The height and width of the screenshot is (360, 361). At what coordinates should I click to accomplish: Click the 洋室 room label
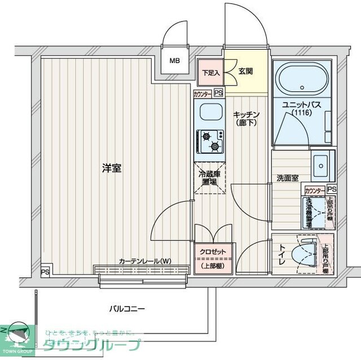pos(112,168)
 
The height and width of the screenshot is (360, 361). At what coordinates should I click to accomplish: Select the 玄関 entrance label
pos(245,71)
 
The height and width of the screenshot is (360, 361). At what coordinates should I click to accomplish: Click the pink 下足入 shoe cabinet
pos(211,73)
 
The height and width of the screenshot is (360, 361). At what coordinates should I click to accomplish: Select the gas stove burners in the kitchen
pos(210,140)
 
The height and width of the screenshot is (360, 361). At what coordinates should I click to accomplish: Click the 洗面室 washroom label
pos(287,178)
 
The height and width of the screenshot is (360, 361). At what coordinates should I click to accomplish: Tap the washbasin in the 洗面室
pos(323,163)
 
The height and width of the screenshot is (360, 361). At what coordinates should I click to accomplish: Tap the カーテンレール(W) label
pos(145,261)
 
